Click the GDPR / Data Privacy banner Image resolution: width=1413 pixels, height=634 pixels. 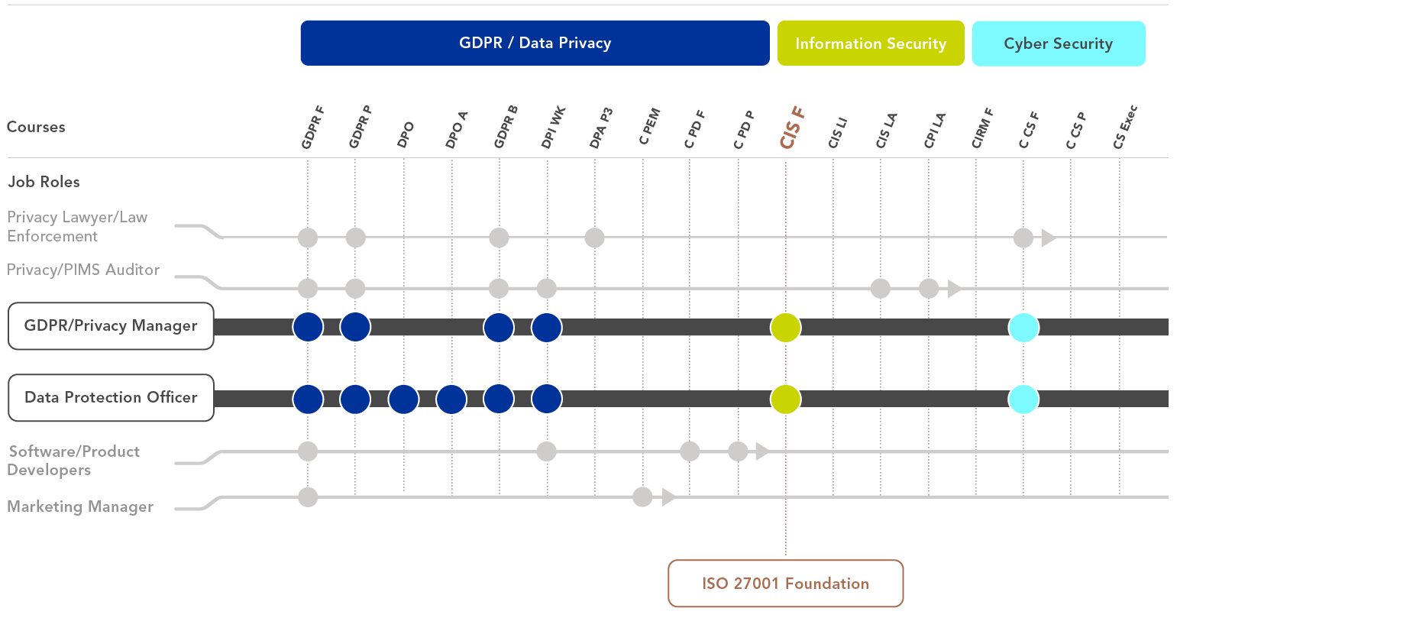(x=535, y=43)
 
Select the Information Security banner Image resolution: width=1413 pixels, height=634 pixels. (x=871, y=44)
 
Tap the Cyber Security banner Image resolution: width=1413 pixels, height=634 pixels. (x=1059, y=44)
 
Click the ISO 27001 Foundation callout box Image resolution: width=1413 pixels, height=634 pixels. (x=785, y=584)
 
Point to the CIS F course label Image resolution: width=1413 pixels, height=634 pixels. (x=792, y=128)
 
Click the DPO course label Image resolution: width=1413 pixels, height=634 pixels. (x=406, y=134)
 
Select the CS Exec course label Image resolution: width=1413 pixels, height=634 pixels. (x=1125, y=127)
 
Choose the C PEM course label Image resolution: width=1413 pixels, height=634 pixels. (x=649, y=127)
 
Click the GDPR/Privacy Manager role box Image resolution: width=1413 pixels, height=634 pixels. (x=111, y=326)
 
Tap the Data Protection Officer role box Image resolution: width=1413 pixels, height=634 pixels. (x=111, y=397)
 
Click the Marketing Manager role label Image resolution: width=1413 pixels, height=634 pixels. (x=80, y=506)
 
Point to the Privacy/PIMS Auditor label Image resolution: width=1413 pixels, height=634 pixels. (x=83, y=270)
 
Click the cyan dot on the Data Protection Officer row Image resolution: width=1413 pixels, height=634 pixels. (x=1023, y=399)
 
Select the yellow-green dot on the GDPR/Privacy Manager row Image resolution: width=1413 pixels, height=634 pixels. (x=785, y=328)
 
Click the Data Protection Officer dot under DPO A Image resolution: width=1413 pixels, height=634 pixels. (x=451, y=399)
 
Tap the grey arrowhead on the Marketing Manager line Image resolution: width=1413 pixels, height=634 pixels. (x=668, y=497)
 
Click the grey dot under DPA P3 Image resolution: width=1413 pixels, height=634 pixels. (x=594, y=238)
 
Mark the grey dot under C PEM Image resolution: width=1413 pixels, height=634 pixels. (x=642, y=497)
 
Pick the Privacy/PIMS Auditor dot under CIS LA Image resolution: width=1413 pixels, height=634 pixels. (x=881, y=288)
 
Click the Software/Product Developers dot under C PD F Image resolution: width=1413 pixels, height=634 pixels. (x=690, y=451)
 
